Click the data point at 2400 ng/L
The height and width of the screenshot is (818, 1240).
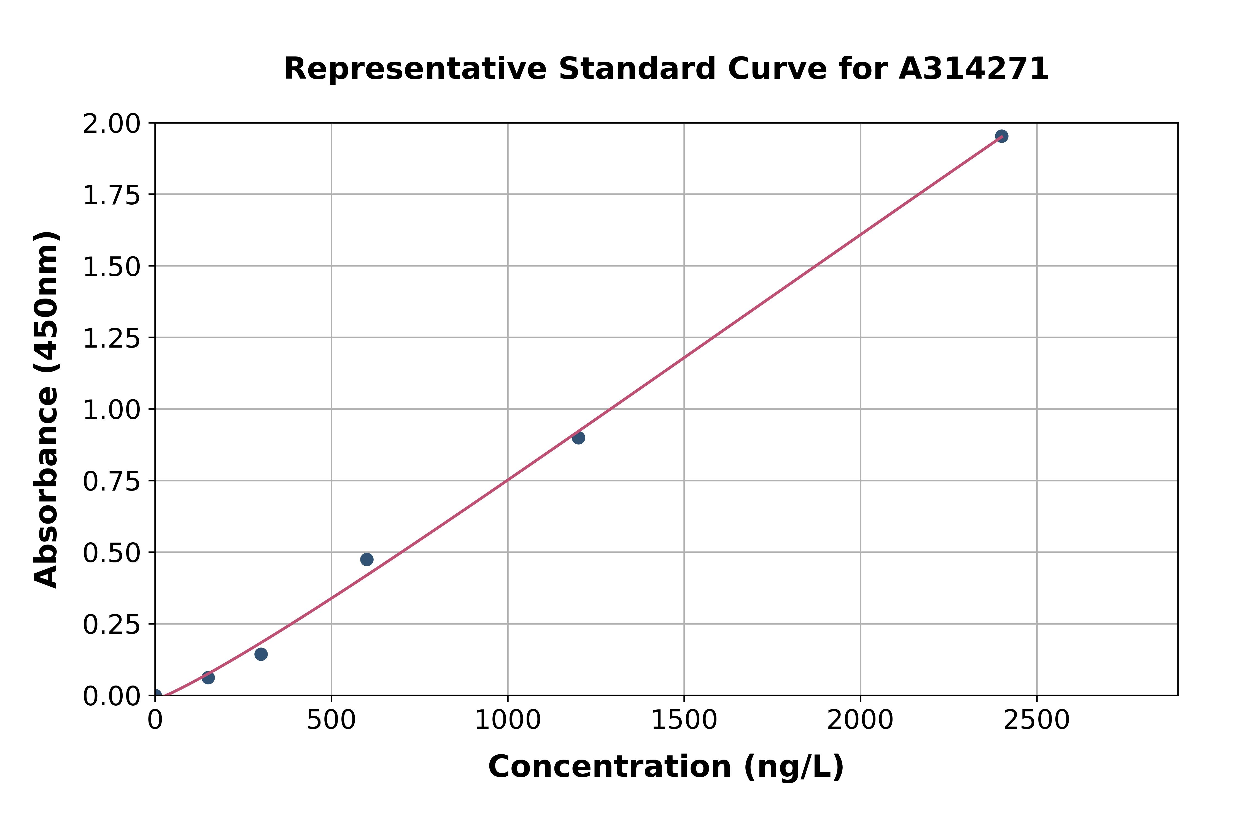click(x=1001, y=136)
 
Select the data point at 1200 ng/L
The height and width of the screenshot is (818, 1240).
click(x=578, y=438)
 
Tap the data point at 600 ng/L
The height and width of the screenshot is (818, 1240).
click(x=367, y=559)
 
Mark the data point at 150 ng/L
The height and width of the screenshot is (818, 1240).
click(x=208, y=678)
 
